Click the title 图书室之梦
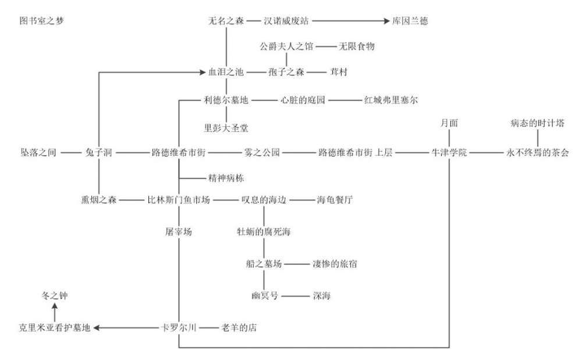41,21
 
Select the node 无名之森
226,21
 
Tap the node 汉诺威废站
286,21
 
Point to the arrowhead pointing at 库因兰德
385,21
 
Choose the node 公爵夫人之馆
286,46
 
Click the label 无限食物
356,46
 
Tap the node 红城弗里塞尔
391,100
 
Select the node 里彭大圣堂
226,127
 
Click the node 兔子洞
98,153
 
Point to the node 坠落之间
38,153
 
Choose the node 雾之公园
262,153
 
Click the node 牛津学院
449,153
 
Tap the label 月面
449,123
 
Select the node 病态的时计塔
537,123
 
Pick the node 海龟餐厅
335,200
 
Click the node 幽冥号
265,296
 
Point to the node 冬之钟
55,296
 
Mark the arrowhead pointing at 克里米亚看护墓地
97,328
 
